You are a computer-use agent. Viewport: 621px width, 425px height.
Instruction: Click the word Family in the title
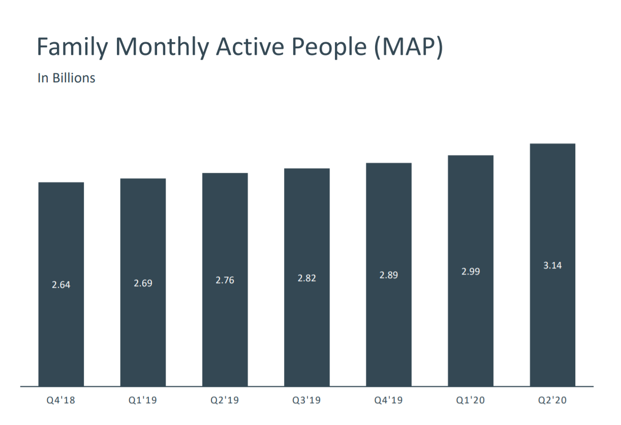click(x=72, y=47)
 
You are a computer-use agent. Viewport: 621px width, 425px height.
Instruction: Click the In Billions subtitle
click(x=66, y=78)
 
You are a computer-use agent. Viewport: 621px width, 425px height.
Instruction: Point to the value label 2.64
click(x=61, y=285)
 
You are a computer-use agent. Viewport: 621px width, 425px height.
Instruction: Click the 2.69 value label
click(x=143, y=283)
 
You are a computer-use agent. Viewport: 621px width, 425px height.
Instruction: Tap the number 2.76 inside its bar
click(x=225, y=280)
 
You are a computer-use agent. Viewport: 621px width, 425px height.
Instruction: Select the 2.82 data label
click(x=306, y=278)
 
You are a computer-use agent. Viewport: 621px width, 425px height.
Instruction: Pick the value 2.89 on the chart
click(x=388, y=275)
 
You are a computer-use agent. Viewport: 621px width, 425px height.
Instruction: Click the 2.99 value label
click(x=471, y=271)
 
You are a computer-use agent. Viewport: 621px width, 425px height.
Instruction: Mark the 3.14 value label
click(x=552, y=265)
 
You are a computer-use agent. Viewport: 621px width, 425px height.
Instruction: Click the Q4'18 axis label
click(x=61, y=401)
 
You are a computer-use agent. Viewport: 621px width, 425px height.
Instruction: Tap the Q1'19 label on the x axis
click(x=143, y=401)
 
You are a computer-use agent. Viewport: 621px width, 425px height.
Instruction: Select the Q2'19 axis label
click(x=225, y=401)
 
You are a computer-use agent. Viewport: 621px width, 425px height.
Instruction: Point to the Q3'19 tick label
click(x=306, y=401)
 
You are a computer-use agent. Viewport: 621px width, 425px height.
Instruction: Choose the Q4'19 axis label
click(x=388, y=401)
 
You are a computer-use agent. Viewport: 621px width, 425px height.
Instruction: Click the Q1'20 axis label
click(x=471, y=401)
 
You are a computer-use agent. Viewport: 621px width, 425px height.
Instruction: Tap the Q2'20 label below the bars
click(x=552, y=401)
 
